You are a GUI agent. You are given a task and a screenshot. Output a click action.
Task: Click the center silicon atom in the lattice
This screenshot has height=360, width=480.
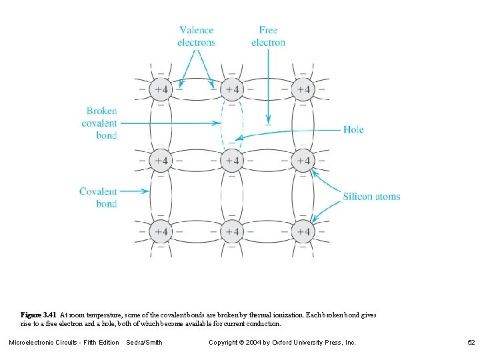pyautogui.click(x=231, y=160)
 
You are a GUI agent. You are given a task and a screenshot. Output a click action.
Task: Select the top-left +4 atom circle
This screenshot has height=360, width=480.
pyautogui.click(x=160, y=89)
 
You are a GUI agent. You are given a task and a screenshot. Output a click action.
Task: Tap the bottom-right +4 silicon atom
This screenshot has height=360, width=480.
pyautogui.click(x=303, y=231)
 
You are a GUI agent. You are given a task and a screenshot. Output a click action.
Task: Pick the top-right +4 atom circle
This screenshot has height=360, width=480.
pyautogui.click(x=303, y=89)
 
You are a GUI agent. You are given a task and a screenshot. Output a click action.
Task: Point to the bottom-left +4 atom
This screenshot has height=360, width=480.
pyautogui.click(x=160, y=231)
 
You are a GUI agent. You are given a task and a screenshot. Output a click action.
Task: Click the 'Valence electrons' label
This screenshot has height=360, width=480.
pyautogui.click(x=196, y=36)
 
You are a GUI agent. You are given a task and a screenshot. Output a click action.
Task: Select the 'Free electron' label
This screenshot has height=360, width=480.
pyautogui.click(x=268, y=36)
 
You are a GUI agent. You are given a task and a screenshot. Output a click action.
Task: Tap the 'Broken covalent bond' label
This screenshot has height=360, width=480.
pyautogui.click(x=101, y=123)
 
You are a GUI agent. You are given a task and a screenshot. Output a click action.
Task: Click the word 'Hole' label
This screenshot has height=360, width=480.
pyautogui.click(x=353, y=129)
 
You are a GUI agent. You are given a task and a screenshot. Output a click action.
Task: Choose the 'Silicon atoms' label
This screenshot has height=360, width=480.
pyautogui.click(x=371, y=196)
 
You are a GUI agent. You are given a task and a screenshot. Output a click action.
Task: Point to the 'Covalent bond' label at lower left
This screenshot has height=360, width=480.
pyautogui.click(x=98, y=197)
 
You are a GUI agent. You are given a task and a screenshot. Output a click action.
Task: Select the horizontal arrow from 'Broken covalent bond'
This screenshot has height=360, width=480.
pyautogui.click(x=170, y=123)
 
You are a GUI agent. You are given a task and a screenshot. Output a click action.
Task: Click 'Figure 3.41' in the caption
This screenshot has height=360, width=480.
pyautogui.click(x=39, y=314)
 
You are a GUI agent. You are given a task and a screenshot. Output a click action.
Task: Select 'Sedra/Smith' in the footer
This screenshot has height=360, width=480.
pyautogui.click(x=144, y=343)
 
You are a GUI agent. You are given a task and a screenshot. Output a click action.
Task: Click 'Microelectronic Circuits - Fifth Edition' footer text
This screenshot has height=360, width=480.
pyautogui.click(x=63, y=343)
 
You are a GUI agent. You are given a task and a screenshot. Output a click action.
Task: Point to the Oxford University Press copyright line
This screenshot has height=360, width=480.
pyautogui.click(x=282, y=343)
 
